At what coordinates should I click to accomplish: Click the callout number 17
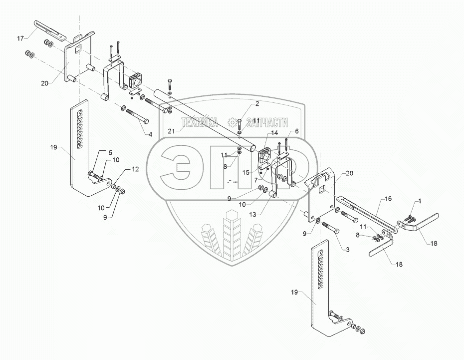[x=20, y=38]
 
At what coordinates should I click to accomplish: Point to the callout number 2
[x=257, y=103]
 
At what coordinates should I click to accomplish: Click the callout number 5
[x=111, y=152]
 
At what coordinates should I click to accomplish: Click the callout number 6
[x=297, y=131]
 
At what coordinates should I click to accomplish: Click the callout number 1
[x=419, y=201]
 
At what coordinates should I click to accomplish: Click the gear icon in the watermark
[x=232, y=121]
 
